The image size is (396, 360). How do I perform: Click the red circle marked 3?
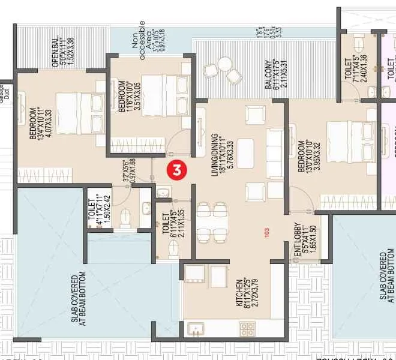click(176, 170)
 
